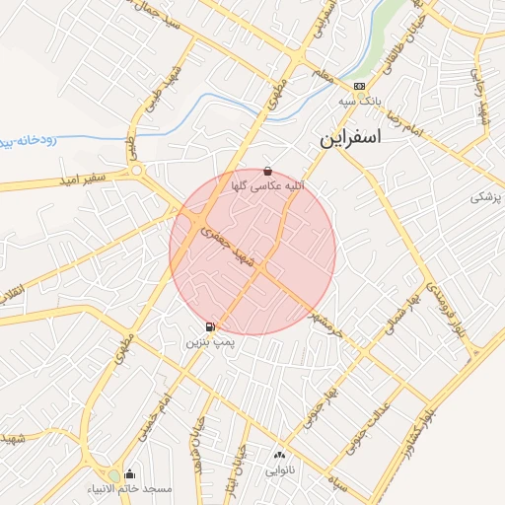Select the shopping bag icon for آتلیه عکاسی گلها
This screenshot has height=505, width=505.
268,172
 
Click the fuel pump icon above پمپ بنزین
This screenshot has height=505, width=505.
210,326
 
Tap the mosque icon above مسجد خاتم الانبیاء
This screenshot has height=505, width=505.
129,474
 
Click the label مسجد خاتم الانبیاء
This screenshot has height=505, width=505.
143,489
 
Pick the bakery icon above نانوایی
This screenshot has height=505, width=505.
278,456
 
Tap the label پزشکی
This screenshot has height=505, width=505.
486,197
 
